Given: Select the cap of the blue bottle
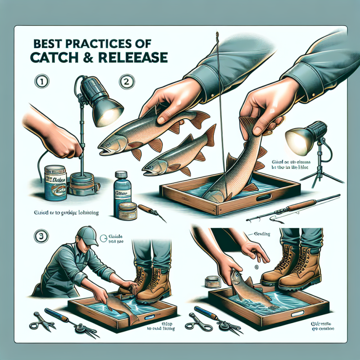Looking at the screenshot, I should click(x=120, y=174).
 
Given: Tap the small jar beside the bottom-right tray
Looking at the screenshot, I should click(x=211, y=281).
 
